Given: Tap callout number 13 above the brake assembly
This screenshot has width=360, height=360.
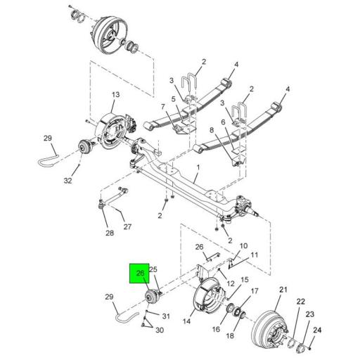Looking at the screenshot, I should [x=116, y=96].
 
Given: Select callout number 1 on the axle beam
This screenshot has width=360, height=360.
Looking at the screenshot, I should [x=198, y=167].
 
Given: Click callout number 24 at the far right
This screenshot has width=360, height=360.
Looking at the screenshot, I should [x=317, y=329].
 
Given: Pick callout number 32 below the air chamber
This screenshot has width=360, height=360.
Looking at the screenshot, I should [x=67, y=181].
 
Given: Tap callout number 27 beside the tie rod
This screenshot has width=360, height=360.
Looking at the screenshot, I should [x=128, y=226].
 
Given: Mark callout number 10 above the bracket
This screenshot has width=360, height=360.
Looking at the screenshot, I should [x=244, y=246].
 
